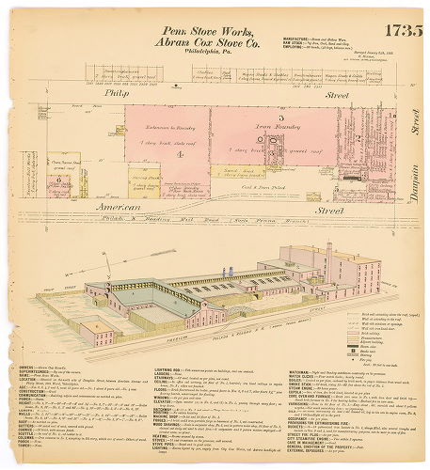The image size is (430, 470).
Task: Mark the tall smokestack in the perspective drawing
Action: click(x=327, y=259)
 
